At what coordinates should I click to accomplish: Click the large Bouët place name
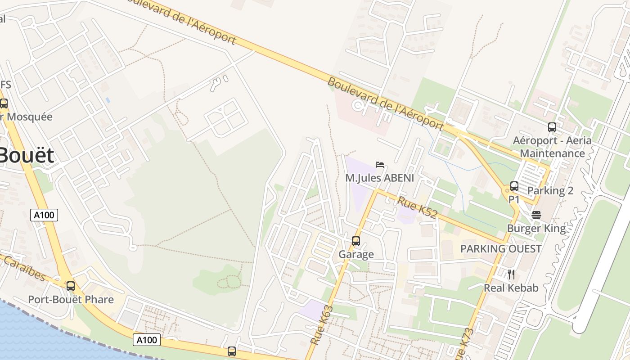(26, 156)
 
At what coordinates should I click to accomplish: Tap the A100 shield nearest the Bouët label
(44, 215)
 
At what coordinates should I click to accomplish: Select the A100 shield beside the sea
(147, 340)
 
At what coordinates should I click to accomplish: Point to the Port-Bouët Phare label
(71, 300)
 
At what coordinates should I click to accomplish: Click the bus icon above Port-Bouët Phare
(71, 286)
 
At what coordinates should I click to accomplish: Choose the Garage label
(356, 255)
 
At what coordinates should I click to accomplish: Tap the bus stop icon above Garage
(356, 241)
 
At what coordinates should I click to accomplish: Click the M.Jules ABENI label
(379, 178)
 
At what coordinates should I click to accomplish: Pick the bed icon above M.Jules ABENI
(380, 165)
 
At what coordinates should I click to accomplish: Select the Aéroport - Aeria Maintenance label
(552, 147)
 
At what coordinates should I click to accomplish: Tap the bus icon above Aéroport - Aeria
(552, 127)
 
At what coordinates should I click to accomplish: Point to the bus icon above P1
(514, 186)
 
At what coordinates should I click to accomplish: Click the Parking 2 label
(550, 191)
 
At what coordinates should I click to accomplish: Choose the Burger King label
(536, 229)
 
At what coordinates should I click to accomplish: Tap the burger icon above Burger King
(536, 215)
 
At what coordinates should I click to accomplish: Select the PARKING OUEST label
(500, 249)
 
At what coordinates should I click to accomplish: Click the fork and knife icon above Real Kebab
(511, 274)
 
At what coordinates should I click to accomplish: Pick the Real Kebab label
(511, 288)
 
